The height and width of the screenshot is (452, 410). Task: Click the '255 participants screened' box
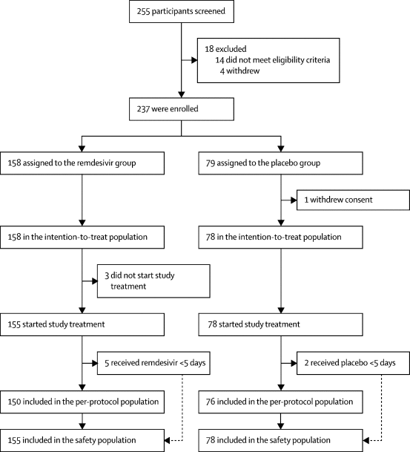[182, 12]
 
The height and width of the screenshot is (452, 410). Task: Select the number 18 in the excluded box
[209, 49]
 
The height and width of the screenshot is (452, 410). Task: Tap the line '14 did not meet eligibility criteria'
[273, 60]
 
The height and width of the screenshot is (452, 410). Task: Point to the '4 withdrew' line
[239, 71]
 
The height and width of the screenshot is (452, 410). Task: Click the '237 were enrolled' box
[182, 109]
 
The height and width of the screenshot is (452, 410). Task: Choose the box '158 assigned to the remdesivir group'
[82, 163]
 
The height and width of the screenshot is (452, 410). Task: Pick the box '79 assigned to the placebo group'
[280, 163]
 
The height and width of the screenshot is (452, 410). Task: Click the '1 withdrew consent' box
[353, 200]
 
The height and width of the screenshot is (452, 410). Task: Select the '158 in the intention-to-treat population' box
[82, 238]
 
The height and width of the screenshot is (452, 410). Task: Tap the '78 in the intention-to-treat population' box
[280, 238]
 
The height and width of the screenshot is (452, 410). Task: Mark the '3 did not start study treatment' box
[153, 281]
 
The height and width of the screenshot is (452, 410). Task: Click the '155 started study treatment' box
[82, 324]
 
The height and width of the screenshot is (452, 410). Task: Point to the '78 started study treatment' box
[280, 324]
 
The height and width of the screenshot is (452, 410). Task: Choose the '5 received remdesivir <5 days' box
[153, 363]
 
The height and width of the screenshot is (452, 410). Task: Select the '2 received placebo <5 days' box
[353, 363]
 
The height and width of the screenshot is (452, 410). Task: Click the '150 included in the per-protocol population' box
[82, 402]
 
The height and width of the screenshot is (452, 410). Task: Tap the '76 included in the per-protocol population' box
[280, 402]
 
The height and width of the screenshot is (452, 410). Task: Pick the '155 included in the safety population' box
[82, 440]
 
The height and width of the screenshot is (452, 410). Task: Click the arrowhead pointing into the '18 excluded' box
[194, 60]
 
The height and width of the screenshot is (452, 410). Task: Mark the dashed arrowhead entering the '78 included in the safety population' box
[366, 440]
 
